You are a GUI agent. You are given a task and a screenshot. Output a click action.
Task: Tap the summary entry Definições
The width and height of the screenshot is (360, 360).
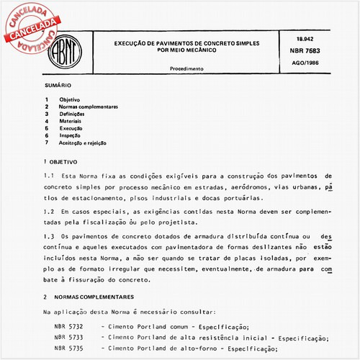tap(72, 114)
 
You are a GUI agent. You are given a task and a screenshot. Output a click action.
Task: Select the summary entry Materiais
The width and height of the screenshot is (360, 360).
tap(71, 121)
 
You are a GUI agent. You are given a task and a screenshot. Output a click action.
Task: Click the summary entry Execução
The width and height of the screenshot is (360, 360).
tap(71, 128)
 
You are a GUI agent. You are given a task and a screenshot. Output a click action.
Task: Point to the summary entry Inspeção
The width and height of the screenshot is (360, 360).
tap(71, 135)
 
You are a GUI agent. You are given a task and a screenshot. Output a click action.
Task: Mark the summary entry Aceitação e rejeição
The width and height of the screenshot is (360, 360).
tap(84, 143)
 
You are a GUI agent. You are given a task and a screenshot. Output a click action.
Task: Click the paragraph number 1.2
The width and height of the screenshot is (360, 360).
tap(48, 212)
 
